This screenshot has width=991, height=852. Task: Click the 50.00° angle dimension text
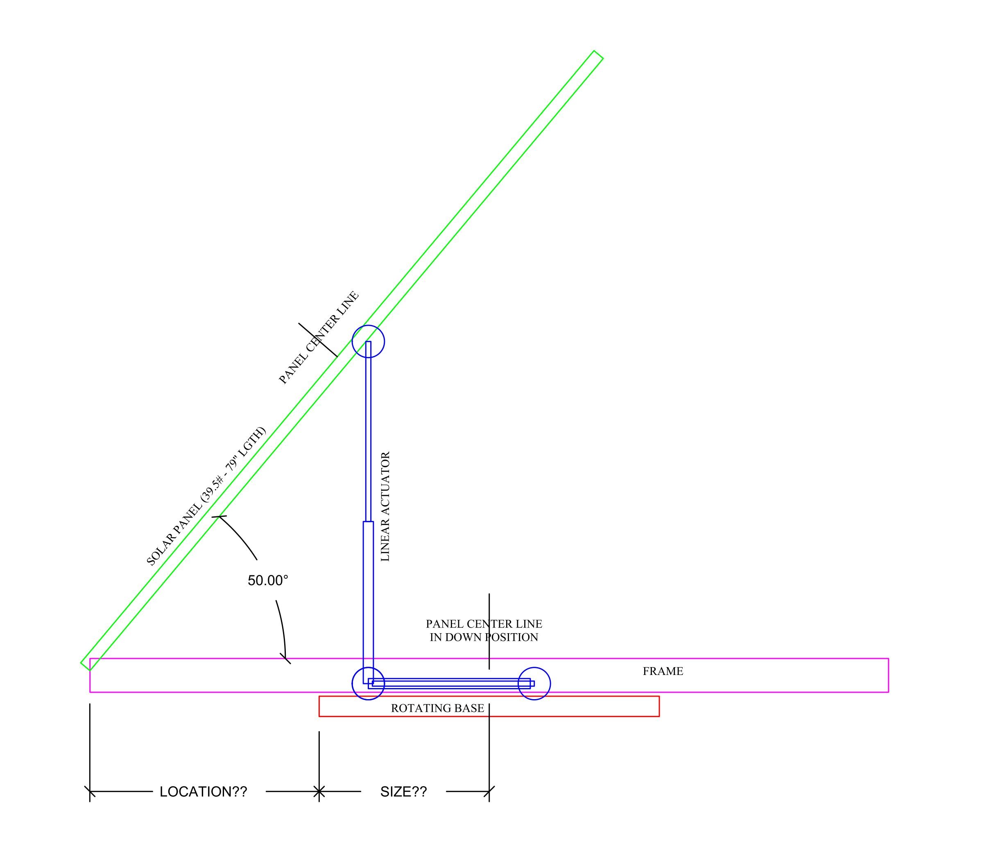coord(268,581)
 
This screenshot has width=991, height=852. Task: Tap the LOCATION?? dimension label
coord(203,792)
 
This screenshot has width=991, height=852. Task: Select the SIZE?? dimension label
coord(403,792)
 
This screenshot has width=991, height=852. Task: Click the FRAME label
coord(663,671)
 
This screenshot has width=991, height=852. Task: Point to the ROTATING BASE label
coord(437,708)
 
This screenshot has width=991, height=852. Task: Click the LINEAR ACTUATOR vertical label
coord(385,506)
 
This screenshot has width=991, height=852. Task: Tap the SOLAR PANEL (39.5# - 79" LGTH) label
coord(206,496)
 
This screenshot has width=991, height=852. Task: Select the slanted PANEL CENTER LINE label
coord(319,337)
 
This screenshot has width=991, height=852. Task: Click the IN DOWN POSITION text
coord(484,637)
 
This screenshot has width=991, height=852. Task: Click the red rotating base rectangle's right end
coord(658,706)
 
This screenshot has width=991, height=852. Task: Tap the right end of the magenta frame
coord(888,675)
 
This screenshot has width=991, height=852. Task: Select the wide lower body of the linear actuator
coord(368,598)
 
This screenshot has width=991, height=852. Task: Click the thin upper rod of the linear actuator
coord(368,431)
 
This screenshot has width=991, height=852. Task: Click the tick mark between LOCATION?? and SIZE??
coord(319,792)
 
